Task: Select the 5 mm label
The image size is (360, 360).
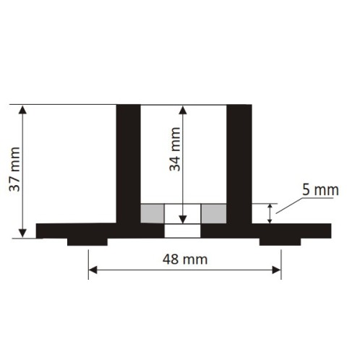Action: tap(320, 190)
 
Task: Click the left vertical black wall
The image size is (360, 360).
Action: tap(128, 163)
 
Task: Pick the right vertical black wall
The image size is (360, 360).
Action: tap(239, 163)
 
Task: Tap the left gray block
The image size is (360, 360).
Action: tap(152, 213)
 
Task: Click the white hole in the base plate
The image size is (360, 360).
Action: tap(182, 231)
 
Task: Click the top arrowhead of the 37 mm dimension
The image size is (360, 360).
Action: tap(24, 110)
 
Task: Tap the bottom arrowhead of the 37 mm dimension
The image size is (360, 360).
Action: tap(24, 233)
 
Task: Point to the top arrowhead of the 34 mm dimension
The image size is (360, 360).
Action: tap(182, 110)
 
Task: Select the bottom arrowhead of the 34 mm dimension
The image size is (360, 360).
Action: tap(182, 218)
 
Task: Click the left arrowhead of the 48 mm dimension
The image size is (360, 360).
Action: tap(93, 270)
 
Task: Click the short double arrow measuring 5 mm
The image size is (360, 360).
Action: tap(271, 213)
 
